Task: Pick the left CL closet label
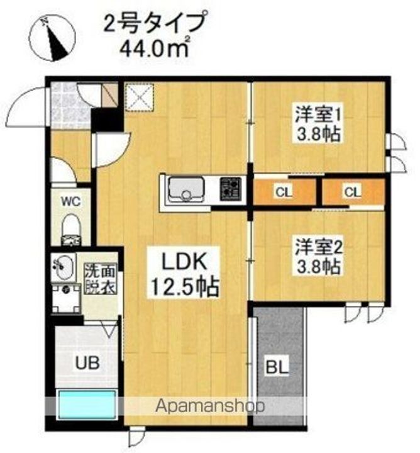(x=282, y=192)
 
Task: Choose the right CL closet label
(x=351, y=192)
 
